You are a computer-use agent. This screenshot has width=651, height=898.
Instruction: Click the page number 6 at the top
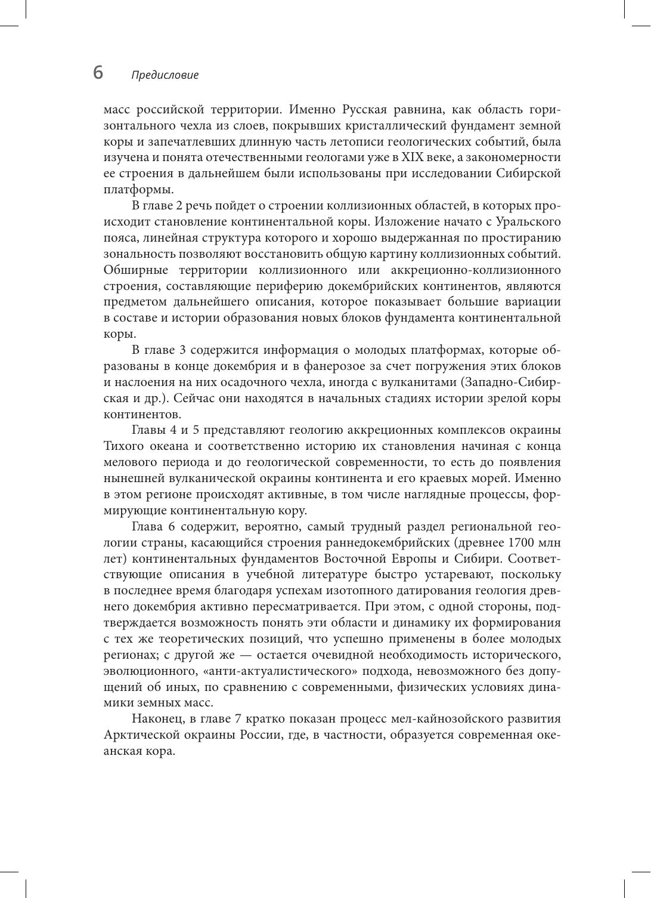tap(98, 73)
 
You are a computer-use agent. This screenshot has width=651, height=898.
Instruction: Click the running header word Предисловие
tap(165, 75)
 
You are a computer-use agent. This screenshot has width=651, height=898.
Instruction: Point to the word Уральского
tap(530, 222)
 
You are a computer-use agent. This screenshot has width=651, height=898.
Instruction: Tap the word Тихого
tap(123, 446)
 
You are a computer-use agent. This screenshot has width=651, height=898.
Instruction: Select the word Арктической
tap(143, 735)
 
